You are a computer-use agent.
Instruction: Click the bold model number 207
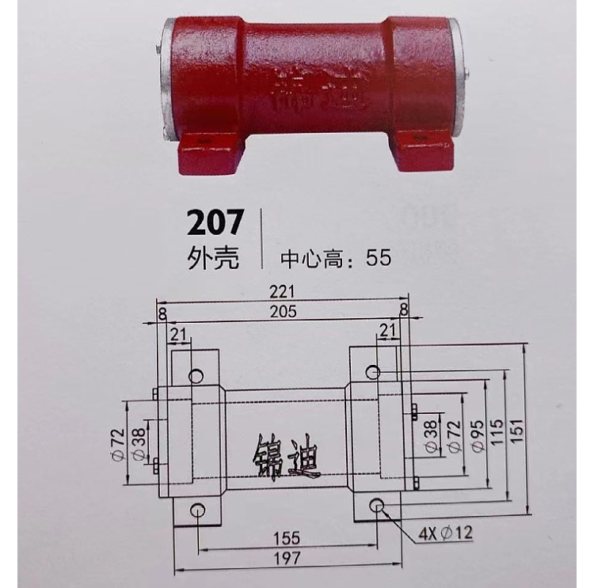pos(215,223)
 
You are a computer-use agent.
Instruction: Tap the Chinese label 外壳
pos(213,258)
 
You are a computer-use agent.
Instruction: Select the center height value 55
pos(378,258)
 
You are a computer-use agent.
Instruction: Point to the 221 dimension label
pos(282,292)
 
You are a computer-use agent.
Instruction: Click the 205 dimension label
pos(283,312)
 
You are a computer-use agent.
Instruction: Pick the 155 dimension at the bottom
pos(287,538)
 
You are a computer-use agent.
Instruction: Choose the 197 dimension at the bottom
pos(287,559)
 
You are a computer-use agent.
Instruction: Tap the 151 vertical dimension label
pos(517,431)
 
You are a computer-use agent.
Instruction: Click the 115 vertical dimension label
pos(497,431)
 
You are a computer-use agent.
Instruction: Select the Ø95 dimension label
pos(478,435)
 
